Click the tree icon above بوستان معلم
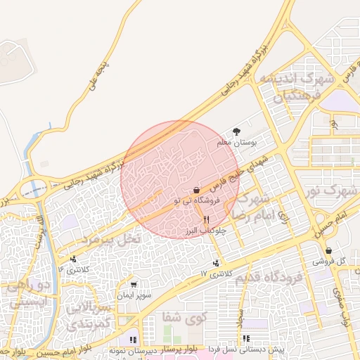[236, 131]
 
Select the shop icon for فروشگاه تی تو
[195, 190]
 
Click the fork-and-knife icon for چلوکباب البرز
[205, 219]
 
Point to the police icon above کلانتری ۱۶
[73, 259]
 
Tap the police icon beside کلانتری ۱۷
[217, 264]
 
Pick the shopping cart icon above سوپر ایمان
[134, 284]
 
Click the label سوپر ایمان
[134, 293]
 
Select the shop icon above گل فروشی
[328, 251]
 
